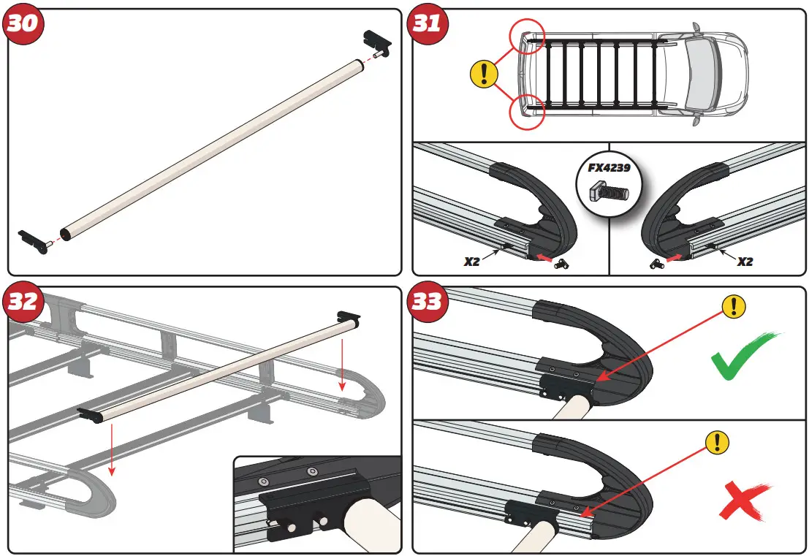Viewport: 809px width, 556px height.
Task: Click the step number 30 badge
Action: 22,23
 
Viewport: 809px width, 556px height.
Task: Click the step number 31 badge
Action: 428,23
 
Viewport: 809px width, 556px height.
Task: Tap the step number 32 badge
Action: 22,301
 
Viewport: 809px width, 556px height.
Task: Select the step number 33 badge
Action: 428,301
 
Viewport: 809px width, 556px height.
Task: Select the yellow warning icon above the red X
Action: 718,441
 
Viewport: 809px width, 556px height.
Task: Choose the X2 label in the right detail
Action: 744,261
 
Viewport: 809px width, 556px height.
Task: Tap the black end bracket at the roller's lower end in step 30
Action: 34,239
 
